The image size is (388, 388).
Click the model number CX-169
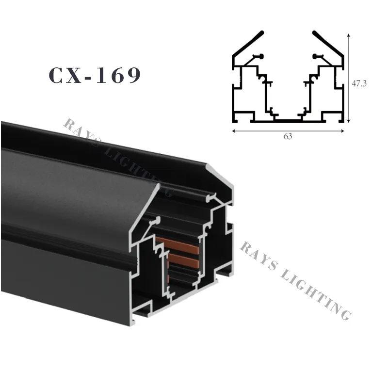point(95,76)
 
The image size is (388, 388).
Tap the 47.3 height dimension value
point(359,83)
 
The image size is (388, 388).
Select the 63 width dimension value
point(288,137)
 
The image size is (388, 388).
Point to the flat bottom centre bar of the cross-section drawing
point(288,119)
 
